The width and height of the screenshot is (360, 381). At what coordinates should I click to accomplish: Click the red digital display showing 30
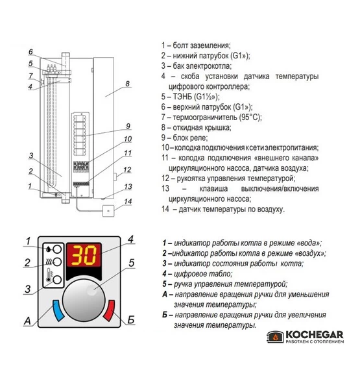(84, 254)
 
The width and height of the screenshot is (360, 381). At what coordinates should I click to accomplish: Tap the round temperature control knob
(84, 301)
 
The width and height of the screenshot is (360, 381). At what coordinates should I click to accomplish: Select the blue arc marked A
(58, 310)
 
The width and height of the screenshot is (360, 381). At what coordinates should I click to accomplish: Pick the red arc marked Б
(109, 310)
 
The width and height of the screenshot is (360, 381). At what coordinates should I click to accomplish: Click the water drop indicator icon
(49, 249)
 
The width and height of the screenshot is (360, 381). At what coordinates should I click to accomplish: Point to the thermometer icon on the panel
(49, 275)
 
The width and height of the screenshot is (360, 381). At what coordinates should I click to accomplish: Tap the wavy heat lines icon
(49, 262)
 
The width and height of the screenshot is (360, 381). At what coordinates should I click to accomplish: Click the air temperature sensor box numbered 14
(108, 211)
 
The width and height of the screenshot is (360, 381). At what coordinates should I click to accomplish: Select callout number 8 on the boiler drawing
(127, 84)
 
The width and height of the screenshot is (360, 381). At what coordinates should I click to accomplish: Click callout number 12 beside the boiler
(127, 169)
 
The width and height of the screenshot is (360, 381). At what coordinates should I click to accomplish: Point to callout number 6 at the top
(30, 51)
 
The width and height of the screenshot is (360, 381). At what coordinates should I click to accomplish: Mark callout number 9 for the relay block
(128, 126)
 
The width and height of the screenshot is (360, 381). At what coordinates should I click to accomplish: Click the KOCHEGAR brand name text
(315, 334)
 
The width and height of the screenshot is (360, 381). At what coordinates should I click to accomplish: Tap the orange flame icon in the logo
(275, 337)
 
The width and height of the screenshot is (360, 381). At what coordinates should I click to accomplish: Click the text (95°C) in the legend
(250, 117)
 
